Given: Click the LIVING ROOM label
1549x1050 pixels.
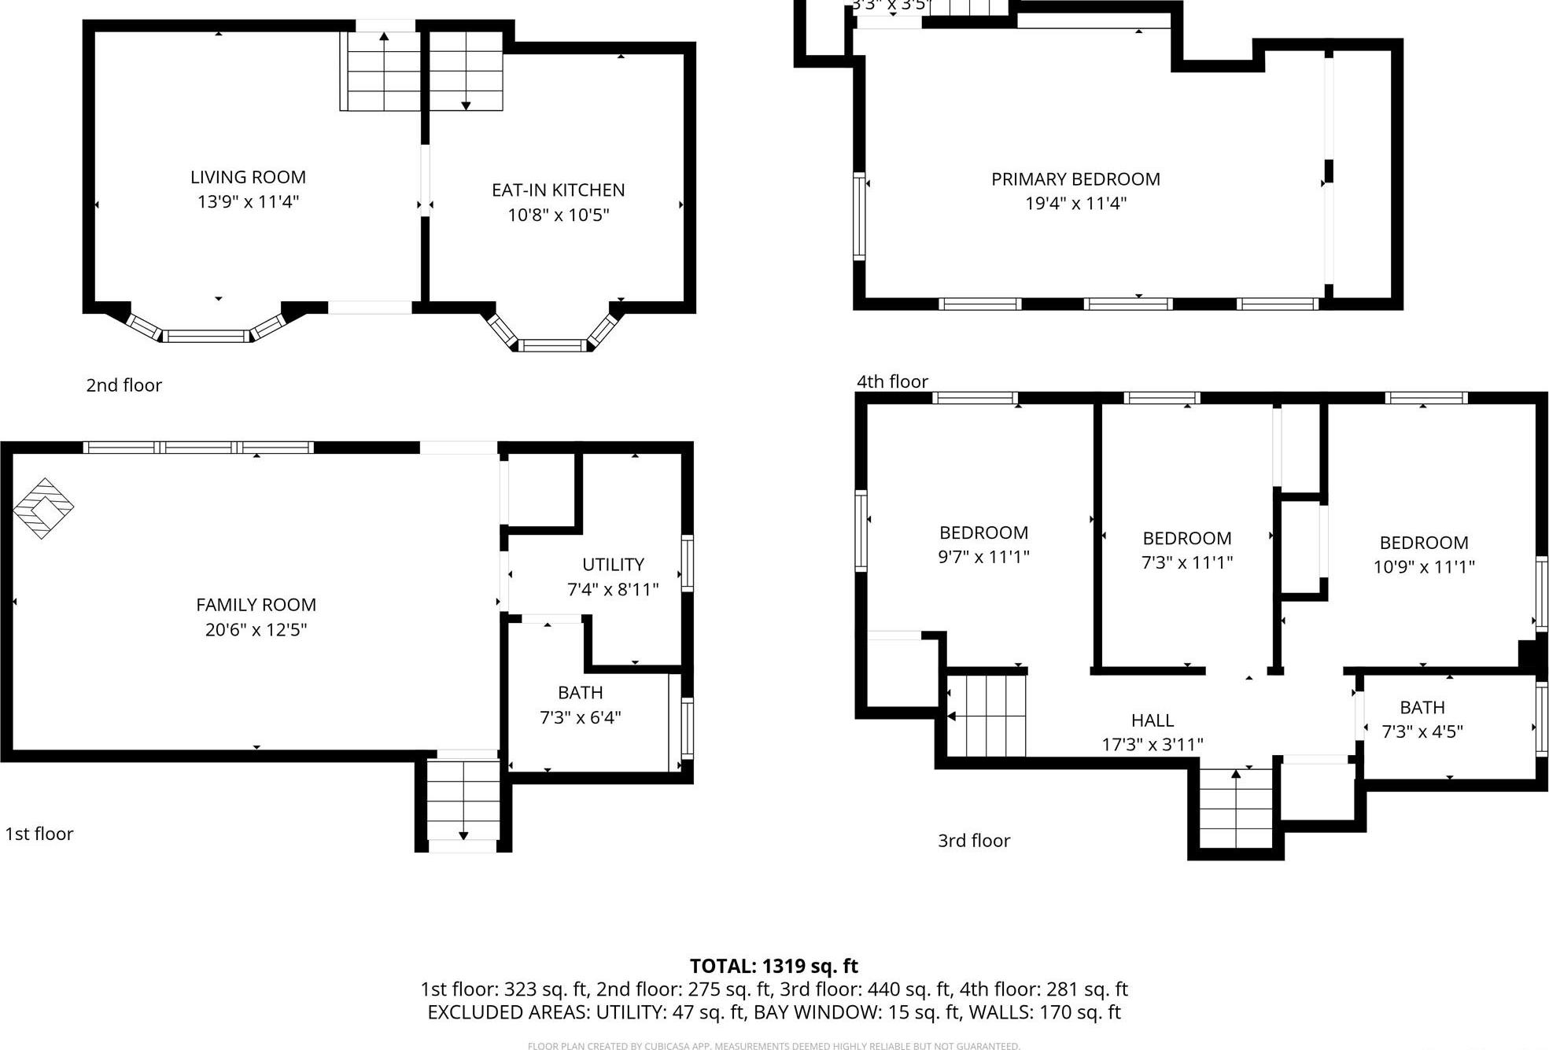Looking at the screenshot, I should point(248,178).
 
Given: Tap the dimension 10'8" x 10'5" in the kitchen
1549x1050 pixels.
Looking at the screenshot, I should point(558,215).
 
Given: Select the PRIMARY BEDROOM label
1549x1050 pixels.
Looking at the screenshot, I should point(1075,179).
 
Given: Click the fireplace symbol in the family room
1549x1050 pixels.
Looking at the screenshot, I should point(43,508).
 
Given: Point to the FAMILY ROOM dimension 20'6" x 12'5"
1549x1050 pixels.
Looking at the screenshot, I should point(256,629).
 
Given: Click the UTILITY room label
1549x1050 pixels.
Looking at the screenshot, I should point(613,565).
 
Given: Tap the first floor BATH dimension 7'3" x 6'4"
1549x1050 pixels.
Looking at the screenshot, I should point(580,717).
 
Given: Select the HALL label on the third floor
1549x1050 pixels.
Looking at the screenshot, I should point(1152,720).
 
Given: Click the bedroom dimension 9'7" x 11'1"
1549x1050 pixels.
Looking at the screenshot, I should point(983,557).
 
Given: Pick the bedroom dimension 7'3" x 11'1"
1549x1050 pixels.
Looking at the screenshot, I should point(1186,562).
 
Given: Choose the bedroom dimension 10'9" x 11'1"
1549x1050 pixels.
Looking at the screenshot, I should point(1423,566).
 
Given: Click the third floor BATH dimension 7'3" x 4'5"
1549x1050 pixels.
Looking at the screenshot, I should point(1422,731).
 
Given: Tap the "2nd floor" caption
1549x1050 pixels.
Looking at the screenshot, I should point(124,385).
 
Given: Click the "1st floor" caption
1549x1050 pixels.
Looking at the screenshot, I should point(39,834).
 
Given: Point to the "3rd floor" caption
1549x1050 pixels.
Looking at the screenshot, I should point(973,841).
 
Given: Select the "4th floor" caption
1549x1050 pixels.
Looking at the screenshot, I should point(892,381).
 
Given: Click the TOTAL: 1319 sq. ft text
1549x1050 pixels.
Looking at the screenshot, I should point(773,966).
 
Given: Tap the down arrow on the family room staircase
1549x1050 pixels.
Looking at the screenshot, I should point(463,835).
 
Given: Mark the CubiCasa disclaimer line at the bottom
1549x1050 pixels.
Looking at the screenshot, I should point(773,1046).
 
